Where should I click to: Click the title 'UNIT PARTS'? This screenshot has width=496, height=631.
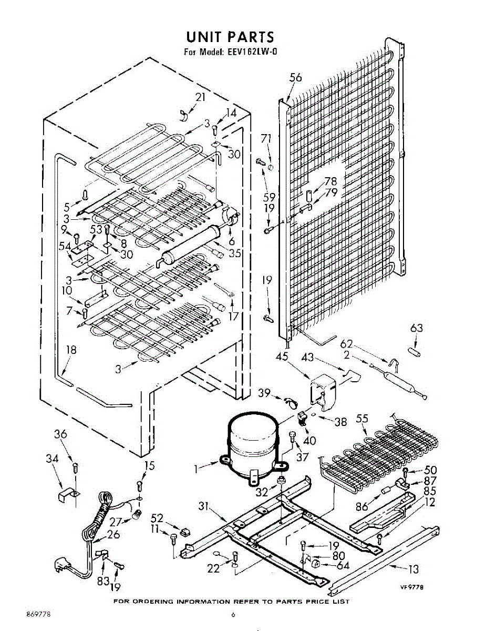point(230,37)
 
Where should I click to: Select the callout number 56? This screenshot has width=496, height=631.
point(296,77)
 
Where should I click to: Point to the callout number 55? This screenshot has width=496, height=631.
point(362,419)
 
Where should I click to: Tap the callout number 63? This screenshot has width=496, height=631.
point(417,329)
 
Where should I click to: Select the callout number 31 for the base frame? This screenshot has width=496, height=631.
point(204,507)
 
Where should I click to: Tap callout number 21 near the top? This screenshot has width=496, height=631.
point(201,97)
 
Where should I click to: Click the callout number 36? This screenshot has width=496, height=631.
point(61,434)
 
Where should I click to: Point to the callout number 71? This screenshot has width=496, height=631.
point(266,138)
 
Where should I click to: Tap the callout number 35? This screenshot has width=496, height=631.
point(235,252)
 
